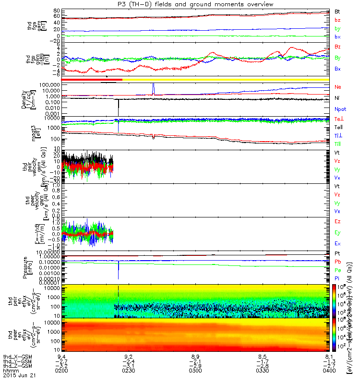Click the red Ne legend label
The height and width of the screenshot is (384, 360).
337,87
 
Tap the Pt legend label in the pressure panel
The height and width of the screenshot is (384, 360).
337,253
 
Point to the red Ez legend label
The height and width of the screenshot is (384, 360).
337,222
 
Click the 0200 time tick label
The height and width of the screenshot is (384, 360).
61,371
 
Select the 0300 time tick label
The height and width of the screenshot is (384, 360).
195,371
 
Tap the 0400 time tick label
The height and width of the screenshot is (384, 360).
329,371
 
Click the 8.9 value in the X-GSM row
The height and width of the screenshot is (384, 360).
195,357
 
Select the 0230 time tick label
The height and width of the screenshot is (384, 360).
128,371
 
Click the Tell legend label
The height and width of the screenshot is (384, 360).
338,127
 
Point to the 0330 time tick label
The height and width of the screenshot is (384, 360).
262,371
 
